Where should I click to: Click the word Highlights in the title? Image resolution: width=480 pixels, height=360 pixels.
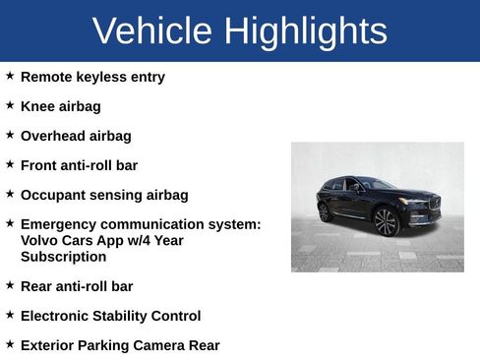coord(305,31)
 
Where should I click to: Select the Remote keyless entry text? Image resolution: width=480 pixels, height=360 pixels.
coord(92,77)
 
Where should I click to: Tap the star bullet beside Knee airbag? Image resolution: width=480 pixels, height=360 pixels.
coord(10,105)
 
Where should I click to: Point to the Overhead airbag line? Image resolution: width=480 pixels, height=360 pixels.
coord(76,136)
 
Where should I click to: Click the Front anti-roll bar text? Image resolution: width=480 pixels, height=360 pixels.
coord(79,165)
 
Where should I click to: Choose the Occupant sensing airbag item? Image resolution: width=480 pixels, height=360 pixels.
coord(104,195)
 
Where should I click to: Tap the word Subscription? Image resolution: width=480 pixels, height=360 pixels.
coord(63,257)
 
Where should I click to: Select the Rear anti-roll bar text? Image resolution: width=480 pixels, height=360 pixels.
coord(76,286)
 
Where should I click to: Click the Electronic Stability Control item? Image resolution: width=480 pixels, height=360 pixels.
coord(110,316)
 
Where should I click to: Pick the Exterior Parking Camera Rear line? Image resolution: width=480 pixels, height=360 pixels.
coord(120,345)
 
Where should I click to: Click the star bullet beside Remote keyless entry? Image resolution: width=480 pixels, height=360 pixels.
coord(10,76)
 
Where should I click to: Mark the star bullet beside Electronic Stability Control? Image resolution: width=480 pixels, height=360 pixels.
coord(10,315)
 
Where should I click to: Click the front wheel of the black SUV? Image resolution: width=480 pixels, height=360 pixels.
coord(386,221)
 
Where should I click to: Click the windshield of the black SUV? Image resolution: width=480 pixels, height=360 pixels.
coord(379,184)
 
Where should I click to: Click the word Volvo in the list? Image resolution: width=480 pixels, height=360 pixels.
coord(39,240)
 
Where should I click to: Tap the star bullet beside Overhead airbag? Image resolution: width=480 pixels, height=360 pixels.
coord(10,135)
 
